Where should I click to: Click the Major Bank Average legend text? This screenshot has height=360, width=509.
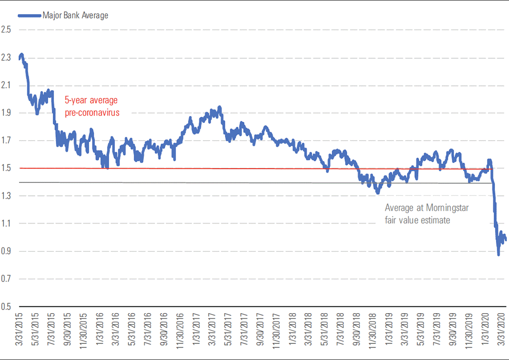76,15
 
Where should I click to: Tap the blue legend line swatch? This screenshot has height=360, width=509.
29,15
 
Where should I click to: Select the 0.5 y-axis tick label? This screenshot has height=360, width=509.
6,307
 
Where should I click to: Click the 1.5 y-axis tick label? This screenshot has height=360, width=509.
6,169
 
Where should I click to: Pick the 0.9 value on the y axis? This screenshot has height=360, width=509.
6,251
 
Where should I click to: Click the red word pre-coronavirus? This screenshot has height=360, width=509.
92,112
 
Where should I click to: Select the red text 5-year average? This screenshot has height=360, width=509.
91,100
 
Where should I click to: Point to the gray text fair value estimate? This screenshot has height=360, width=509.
418,220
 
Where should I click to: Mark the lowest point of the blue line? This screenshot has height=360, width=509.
498,255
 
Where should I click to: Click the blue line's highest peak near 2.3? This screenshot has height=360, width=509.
21,55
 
